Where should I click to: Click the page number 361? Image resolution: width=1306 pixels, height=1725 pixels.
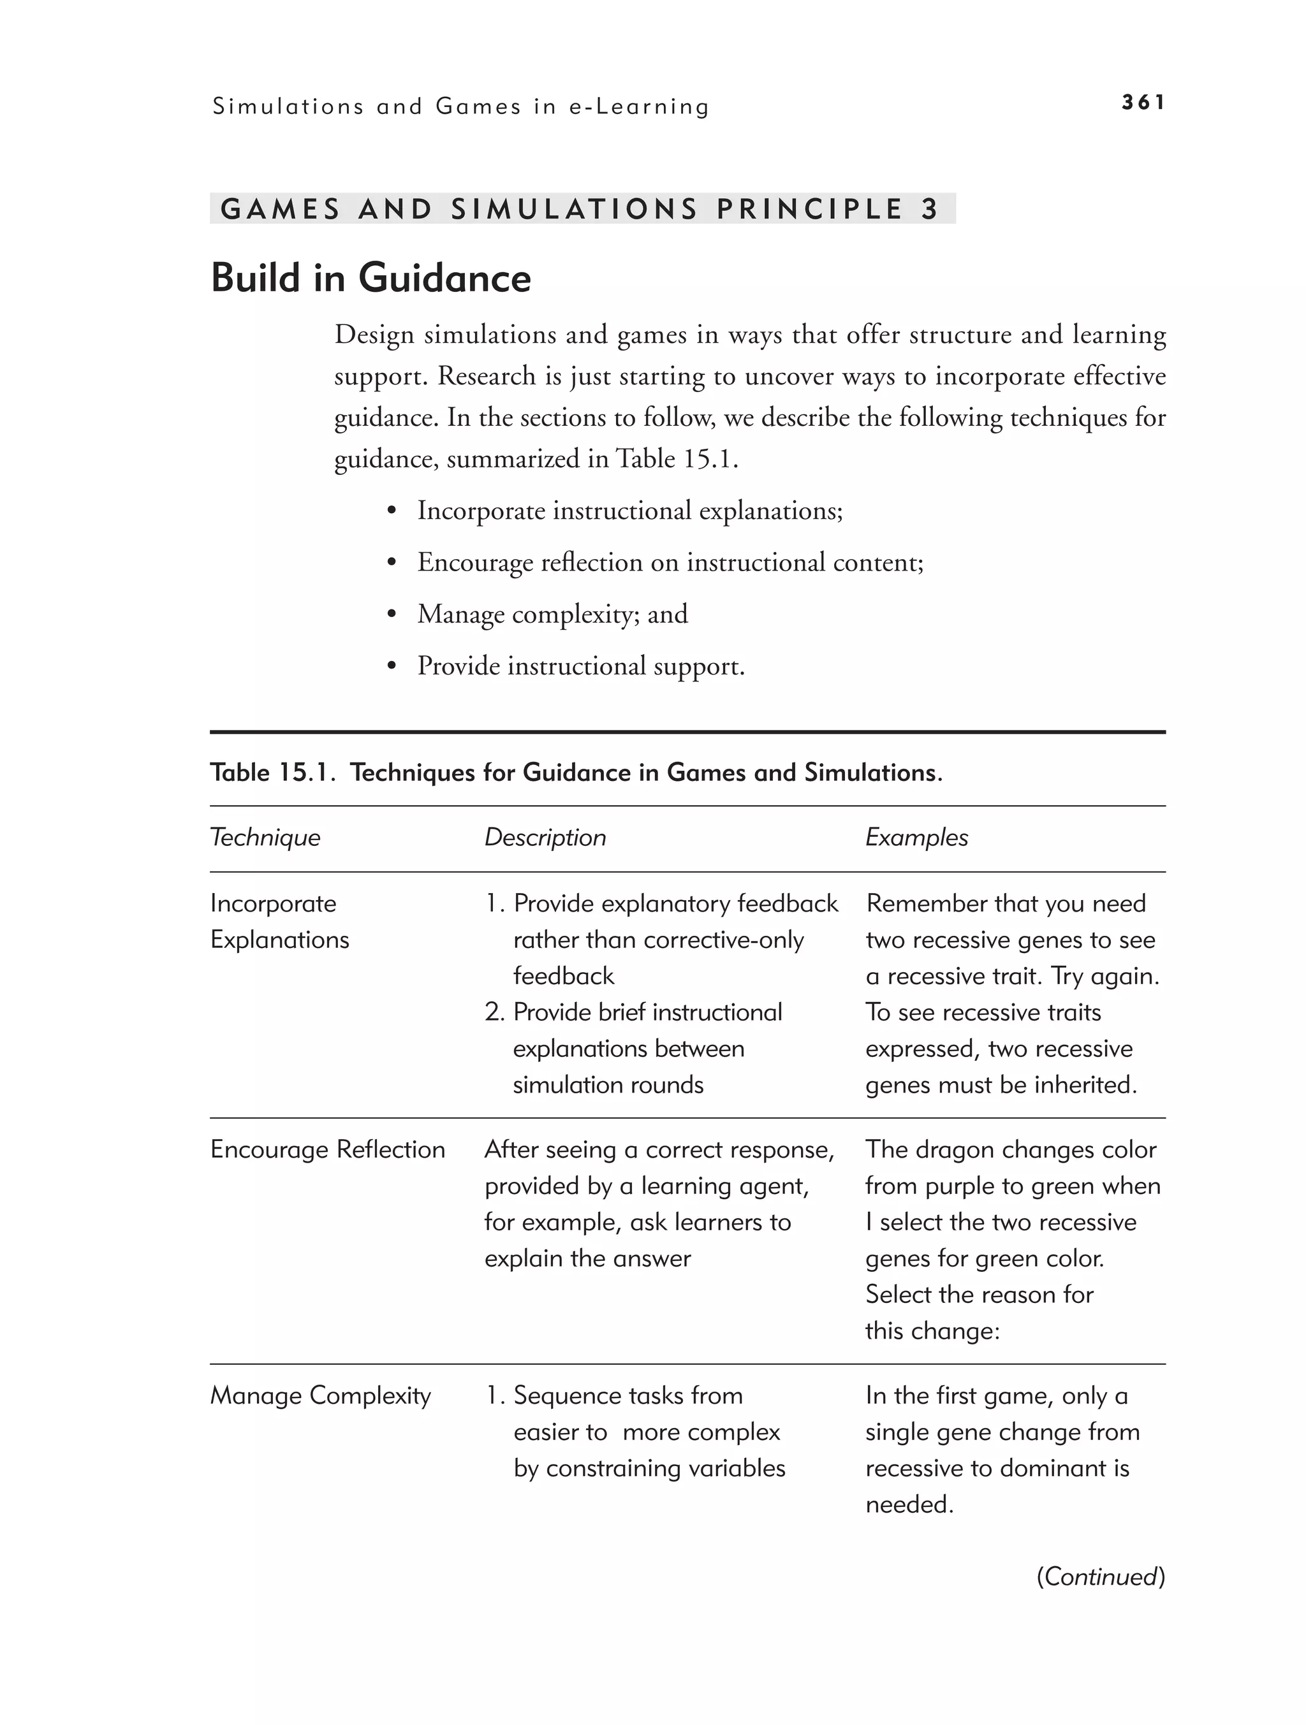click(x=1142, y=102)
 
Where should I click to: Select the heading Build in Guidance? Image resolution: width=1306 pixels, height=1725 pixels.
click(x=371, y=279)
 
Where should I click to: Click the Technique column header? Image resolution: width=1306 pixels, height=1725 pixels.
click(x=265, y=838)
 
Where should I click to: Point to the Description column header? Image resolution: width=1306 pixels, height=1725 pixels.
click(x=545, y=838)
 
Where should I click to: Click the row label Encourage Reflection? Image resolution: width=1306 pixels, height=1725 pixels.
click(x=328, y=1149)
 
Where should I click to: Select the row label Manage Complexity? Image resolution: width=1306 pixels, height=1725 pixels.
click(x=320, y=1395)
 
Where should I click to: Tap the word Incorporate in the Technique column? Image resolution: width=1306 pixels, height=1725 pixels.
click(x=273, y=903)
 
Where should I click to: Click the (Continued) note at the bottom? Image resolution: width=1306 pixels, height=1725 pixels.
click(x=1100, y=1577)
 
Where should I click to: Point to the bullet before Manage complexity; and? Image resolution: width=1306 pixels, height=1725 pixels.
click(x=392, y=615)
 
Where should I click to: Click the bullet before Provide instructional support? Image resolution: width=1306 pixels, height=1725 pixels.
click(x=392, y=667)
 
